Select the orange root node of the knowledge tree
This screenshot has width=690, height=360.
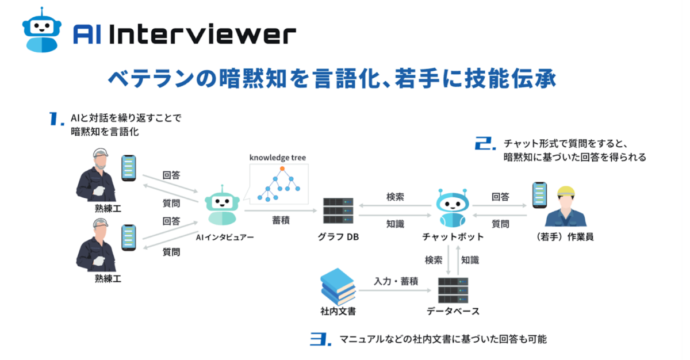[x=282, y=168]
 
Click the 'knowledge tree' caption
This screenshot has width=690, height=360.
[x=278, y=157]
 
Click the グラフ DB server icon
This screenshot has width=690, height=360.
[x=338, y=211]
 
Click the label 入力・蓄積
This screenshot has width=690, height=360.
[x=396, y=281]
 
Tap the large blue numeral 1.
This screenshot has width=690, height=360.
[x=56, y=118]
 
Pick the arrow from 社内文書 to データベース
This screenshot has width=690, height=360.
[x=396, y=290]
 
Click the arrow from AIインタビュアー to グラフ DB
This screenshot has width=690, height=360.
[x=281, y=211]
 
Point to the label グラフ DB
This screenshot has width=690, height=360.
[x=338, y=237]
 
